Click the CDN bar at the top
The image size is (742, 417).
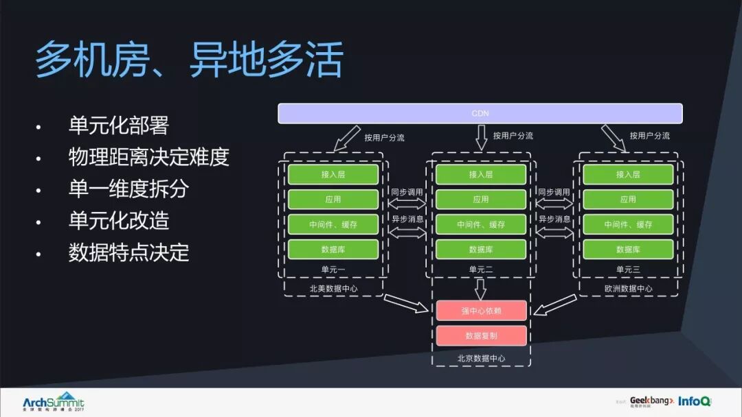[x=480, y=113]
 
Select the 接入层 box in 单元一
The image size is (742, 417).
[x=333, y=174]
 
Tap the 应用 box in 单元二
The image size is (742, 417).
[x=481, y=200]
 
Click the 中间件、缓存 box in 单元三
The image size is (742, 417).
[x=628, y=224]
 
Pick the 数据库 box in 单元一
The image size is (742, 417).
[x=333, y=249]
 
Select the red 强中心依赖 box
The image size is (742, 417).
[x=481, y=311]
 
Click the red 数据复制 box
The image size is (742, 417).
[x=481, y=335]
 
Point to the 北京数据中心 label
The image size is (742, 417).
[x=481, y=358]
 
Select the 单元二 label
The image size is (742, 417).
[x=481, y=270]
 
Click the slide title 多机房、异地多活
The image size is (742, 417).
[x=189, y=60]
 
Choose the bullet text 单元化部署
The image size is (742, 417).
[x=119, y=126]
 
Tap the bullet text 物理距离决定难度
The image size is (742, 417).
[x=148, y=157]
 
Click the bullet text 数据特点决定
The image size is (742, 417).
[x=129, y=252]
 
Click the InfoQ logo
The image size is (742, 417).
[x=695, y=401]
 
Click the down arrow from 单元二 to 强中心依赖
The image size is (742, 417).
[x=481, y=288]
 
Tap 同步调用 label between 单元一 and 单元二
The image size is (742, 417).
[x=407, y=193]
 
